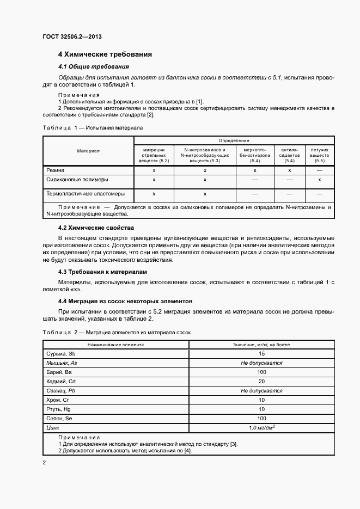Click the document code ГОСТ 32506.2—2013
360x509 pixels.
click(x=72, y=37)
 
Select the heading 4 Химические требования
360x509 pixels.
click(x=105, y=54)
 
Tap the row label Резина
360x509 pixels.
click(x=55, y=170)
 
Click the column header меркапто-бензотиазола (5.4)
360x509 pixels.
click(x=255, y=155)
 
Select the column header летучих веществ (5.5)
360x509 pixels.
click(x=319, y=155)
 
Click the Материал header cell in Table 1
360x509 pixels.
click(x=88, y=151)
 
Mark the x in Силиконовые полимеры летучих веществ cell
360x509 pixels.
click(x=319, y=180)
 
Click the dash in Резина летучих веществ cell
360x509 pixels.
click(x=319, y=170)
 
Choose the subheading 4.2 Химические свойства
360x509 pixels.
click(x=96, y=228)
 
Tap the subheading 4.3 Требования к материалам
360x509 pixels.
click(x=103, y=272)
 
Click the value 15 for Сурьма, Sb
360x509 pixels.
click(x=261, y=354)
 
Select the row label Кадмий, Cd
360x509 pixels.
click(x=61, y=382)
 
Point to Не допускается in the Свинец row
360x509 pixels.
click(x=261, y=391)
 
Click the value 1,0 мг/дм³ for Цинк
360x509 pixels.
click(x=261, y=428)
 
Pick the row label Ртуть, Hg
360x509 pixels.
click(x=59, y=409)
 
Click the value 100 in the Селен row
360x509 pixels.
click(x=261, y=419)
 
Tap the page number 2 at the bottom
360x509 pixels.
click(x=44, y=463)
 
